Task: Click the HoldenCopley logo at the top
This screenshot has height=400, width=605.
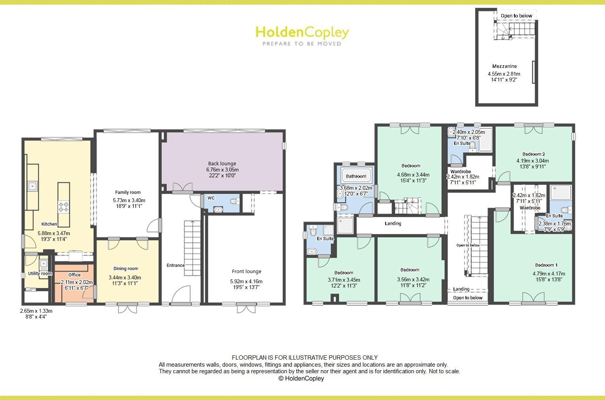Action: coord(302,33)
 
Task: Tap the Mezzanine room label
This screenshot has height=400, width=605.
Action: coord(504,66)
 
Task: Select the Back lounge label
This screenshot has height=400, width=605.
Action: coord(222,163)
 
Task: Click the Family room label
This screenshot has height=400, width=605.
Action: coord(128,192)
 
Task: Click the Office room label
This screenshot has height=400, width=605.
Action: coord(75,275)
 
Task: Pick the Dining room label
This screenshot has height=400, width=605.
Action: coord(126,268)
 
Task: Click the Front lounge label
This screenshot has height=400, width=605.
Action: coord(246,272)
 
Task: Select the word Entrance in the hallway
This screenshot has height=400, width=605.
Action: coord(176,265)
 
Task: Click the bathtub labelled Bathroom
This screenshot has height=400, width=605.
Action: coord(356,176)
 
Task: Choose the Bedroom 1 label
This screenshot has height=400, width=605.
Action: coord(546,265)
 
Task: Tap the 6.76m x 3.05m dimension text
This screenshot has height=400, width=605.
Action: coord(222,170)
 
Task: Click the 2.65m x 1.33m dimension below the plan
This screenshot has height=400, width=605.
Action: coord(36,311)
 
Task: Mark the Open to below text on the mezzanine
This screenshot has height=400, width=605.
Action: coord(516,16)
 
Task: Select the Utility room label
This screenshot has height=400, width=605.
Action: coord(40,274)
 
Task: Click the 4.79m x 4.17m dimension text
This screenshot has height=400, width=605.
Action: coord(549,273)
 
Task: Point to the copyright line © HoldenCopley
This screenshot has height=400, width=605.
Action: coord(301,378)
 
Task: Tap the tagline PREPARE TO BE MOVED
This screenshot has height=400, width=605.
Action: coord(302,44)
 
